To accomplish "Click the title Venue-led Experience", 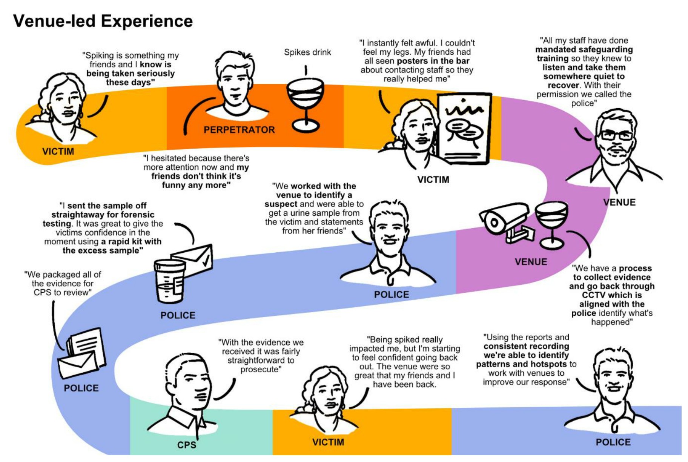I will point(103,21).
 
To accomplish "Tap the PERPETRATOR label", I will point(239,130).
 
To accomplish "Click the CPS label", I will point(186,445).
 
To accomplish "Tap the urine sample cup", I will point(170,281).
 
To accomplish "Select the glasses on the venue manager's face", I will point(616,135).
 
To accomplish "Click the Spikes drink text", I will point(307,52).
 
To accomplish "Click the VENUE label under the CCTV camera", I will point(531,262).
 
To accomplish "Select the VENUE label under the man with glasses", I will point(619,203).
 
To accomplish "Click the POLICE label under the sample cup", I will point(178,315).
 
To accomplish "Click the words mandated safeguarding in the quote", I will point(584,49).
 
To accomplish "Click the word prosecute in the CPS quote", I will point(261,370).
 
